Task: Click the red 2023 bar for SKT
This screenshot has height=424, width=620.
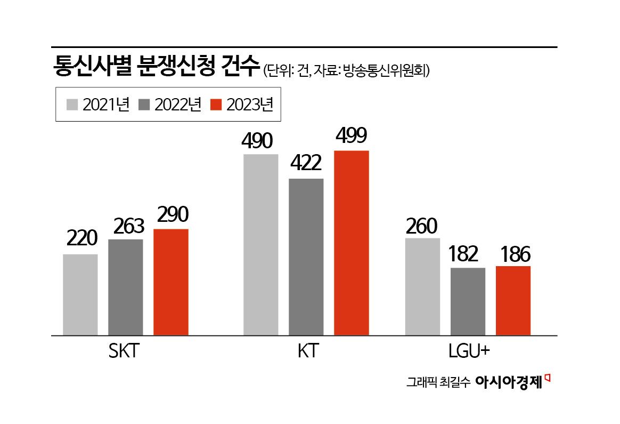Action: [x=171, y=282]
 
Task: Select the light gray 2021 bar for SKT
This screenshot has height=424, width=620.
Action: [x=80, y=295]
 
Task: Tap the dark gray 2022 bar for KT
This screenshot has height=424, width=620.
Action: [x=306, y=257]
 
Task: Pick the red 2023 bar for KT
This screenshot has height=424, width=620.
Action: [x=352, y=243]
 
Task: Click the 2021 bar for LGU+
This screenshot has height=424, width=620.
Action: [x=422, y=287]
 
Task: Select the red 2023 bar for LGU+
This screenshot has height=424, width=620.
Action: [x=513, y=301]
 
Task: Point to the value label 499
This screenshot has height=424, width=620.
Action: [x=351, y=136]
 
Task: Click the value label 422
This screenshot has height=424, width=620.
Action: [x=306, y=164]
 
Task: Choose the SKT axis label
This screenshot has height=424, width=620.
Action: [x=123, y=352]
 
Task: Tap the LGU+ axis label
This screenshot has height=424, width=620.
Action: [x=469, y=352]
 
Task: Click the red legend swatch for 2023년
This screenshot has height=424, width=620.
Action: [x=216, y=105]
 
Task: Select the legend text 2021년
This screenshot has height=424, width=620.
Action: [x=106, y=105]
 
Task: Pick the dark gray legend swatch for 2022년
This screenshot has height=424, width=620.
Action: [x=145, y=105]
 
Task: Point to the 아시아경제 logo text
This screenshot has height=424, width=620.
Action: [x=509, y=382]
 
